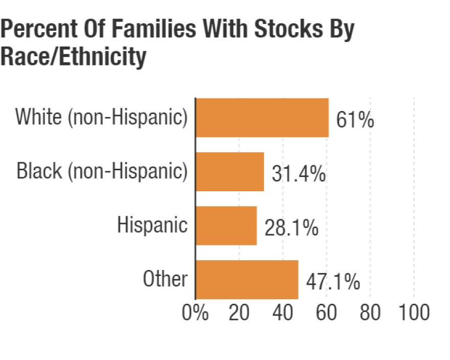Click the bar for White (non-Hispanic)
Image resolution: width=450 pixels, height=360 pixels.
pyautogui.click(x=262, y=118)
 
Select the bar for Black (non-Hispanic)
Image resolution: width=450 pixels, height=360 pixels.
pyautogui.click(x=230, y=172)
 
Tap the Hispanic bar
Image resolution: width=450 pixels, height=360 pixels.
pyautogui.click(x=226, y=226)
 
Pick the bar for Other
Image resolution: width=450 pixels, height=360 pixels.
pyautogui.click(x=247, y=279)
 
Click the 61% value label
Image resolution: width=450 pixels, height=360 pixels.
pyautogui.click(x=355, y=121)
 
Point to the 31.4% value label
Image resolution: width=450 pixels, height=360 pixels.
pyautogui.click(x=299, y=174)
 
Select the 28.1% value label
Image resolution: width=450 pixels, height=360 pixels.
pyautogui.click(x=291, y=228)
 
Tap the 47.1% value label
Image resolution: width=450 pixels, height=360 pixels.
pyautogui.click(x=333, y=282)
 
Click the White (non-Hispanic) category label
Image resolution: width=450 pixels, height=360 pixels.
pyautogui.click(x=101, y=117)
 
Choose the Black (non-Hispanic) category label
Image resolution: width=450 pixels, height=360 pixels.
pyautogui.click(x=102, y=171)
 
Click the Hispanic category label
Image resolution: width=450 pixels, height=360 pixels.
pyautogui.click(x=152, y=225)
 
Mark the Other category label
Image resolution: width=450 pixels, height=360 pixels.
pyautogui.click(x=165, y=279)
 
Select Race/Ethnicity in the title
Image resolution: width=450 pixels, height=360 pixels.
pyautogui.click(x=73, y=57)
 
